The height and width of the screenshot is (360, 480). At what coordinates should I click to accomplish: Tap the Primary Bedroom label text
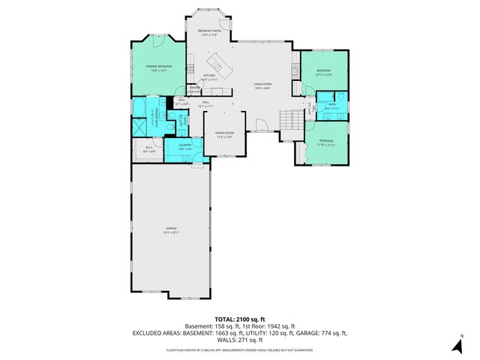point(159,68)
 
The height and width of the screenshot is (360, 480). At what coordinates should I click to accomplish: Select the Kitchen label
point(209,76)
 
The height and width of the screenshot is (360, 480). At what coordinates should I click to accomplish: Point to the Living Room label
point(262,85)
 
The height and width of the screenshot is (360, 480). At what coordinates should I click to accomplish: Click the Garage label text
point(171,231)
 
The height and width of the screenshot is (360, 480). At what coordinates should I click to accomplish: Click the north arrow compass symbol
point(455,344)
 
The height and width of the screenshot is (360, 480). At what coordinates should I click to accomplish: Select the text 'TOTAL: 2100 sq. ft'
point(239,319)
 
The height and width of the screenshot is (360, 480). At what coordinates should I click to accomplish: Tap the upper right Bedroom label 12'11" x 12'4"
point(323,72)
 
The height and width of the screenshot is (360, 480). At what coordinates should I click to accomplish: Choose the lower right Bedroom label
point(325,142)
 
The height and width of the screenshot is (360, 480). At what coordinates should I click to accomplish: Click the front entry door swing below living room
point(261,124)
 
